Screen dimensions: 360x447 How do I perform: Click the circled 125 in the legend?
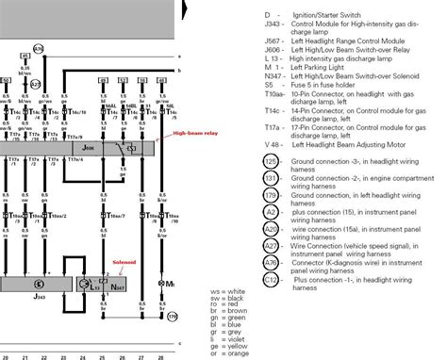click(244, 161)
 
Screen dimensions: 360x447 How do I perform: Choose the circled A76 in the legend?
click(244, 264)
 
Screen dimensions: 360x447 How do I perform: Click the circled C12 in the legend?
click(244, 281)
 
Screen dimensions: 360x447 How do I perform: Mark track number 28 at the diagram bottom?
click(166, 356)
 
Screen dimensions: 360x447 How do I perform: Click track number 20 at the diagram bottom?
click(7, 356)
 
